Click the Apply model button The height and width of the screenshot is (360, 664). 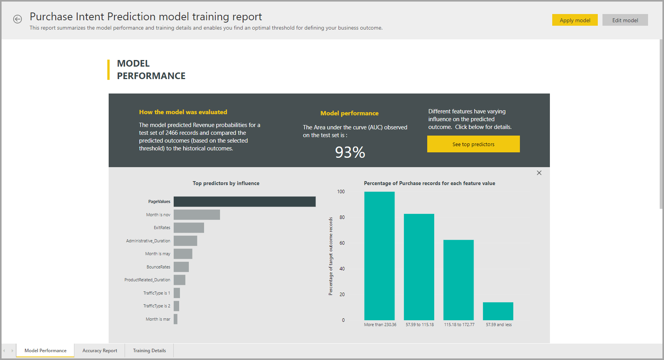574,20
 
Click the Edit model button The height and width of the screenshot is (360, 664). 625,20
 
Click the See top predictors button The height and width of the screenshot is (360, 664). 473,144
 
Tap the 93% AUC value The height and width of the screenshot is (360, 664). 350,152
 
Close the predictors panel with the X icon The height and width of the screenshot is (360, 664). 539,173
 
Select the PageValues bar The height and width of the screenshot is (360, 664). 244,201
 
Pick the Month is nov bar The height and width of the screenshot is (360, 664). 197,215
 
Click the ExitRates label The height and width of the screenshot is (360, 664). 162,228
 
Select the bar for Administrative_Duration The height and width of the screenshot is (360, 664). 185,241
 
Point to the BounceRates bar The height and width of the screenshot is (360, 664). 181,267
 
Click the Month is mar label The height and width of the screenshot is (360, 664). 158,319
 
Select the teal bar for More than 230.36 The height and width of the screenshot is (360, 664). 379,256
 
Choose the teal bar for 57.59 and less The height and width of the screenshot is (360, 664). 498,311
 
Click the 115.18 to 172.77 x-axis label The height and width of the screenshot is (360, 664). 459,325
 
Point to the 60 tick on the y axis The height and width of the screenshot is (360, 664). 342,243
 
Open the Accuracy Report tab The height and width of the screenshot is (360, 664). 100,351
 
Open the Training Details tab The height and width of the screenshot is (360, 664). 149,351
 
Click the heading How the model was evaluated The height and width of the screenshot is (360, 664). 183,112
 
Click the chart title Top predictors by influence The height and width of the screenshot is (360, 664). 226,183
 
